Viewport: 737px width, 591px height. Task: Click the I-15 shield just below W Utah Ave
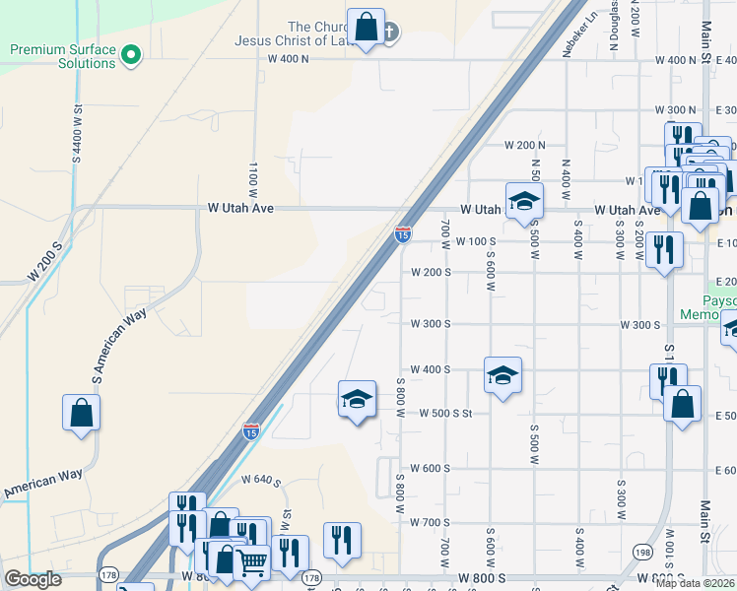(x=402, y=233)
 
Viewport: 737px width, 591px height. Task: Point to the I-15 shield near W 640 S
(x=251, y=431)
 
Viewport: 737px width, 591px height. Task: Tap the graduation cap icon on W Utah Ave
(x=524, y=202)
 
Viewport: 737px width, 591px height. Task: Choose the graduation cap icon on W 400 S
(x=502, y=375)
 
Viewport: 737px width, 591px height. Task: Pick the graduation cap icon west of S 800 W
(x=357, y=399)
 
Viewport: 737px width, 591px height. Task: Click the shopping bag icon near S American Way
(x=81, y=414)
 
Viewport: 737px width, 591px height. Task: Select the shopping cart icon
(x=254, y=562)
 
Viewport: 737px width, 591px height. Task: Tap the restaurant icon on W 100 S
(x=664, y=250)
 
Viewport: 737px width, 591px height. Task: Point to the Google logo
(x=33, y=579)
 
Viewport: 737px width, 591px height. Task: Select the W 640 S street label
(x=261, y=481)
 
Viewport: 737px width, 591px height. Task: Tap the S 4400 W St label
(x=77, y=133)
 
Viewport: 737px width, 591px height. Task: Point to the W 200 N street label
(x=524, y=146)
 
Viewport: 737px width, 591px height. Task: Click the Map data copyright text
(x=694, y=583)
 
